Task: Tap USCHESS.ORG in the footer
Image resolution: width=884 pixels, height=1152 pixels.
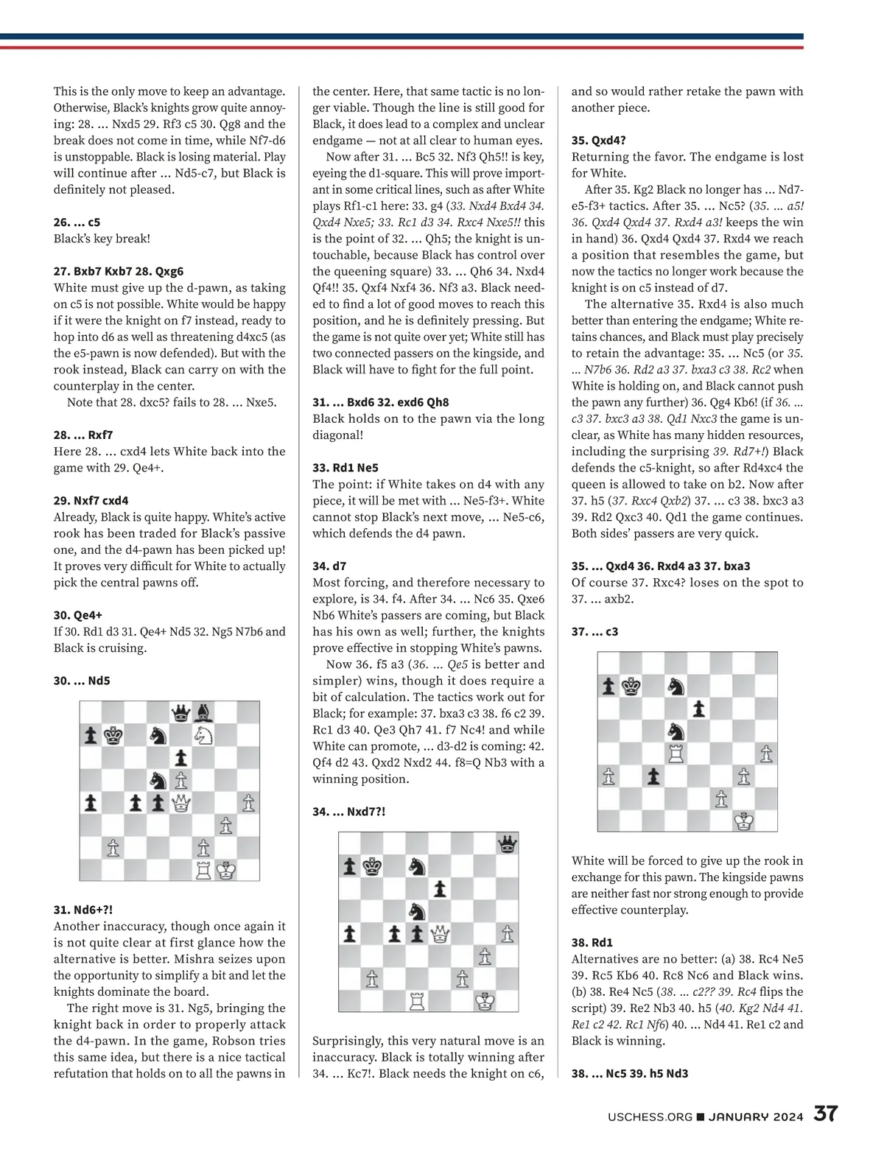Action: click(x=650, y=1117)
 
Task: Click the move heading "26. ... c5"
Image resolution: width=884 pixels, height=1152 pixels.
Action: click(x=77, y=222)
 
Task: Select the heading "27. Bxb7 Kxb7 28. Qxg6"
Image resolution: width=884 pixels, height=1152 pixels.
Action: click(x=119, y=271)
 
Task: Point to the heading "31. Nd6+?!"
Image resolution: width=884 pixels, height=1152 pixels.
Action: click(x=83, y=910)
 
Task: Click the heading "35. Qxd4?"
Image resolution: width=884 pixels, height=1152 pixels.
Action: click(x=598, y=140)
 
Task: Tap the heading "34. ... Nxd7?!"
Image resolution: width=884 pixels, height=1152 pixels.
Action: click(x=348, y=811)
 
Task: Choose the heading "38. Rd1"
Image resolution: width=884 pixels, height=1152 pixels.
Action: click(x=592, y=942)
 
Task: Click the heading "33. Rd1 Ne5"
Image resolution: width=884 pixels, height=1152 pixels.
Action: click(x=345, y=468)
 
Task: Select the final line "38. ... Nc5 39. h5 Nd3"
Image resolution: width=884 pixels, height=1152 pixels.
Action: click(x=630, y=1073)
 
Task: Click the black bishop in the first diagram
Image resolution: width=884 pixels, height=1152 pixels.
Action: click(x=204, y=712)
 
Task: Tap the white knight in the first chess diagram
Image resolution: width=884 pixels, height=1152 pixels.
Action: click(x=204, y=734)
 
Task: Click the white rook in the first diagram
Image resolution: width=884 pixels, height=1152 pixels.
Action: click(x=204, y=870)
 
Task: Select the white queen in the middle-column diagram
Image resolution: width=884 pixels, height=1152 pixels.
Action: click(x=441, y=934)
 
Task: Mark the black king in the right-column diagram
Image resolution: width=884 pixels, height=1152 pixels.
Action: click(x=630, y=686)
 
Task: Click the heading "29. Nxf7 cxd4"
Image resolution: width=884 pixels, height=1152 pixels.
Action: click(x=91, y=501)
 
